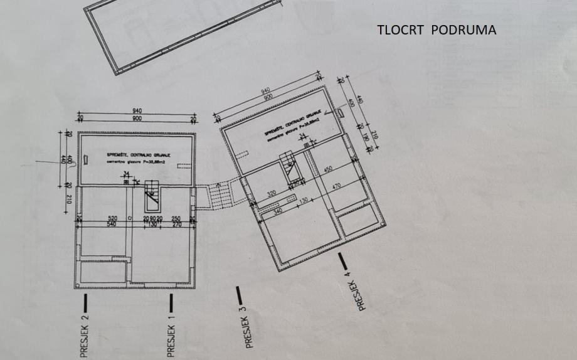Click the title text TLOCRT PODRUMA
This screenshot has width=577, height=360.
[437, 30]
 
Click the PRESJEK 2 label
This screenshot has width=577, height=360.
[85, 337]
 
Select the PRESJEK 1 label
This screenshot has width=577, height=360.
[171, 337]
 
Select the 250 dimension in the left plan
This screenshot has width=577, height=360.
[176, 218]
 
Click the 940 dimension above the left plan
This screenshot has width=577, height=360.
[137, 111]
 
